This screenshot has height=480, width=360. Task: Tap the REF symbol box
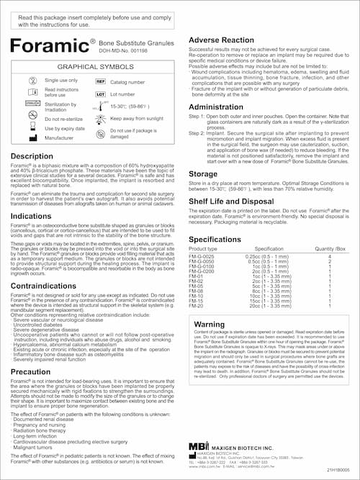(x=101, y=82)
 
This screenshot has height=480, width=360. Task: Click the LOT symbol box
(x=101, y=94)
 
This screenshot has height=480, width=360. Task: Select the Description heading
(x=32, y=156)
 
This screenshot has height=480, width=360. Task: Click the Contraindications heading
(x=45, y=286)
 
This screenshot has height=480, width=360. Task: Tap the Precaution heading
(x=30, y=372)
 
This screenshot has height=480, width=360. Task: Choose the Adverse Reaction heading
(x=223, y=40)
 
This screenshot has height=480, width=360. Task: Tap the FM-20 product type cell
(x=196, y=305)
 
